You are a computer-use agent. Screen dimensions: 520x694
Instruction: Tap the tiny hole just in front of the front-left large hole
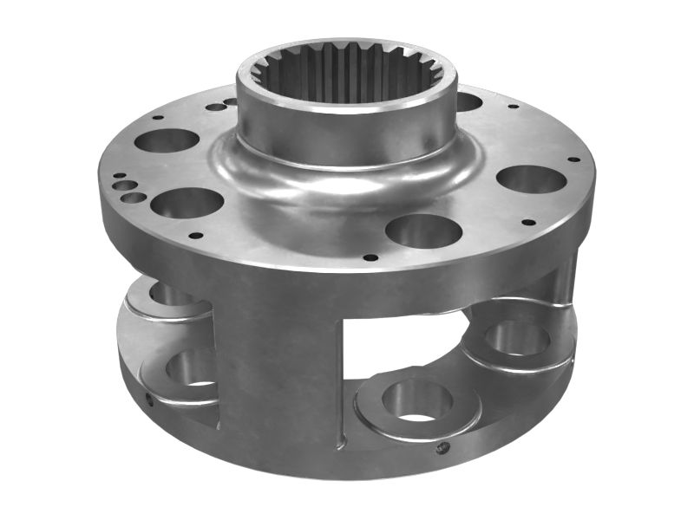point(196,235)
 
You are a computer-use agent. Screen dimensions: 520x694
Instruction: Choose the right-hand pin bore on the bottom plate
point(518,338)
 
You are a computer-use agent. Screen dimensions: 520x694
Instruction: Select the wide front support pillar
point(278,364)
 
